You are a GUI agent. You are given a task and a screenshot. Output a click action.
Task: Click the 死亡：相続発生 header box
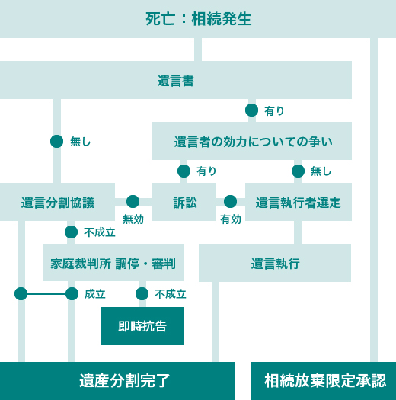(x=198, y=19)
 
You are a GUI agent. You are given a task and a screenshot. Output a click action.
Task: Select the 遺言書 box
(x=176, y=80)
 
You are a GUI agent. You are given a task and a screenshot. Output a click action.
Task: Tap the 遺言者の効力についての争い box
(x=251, y=141)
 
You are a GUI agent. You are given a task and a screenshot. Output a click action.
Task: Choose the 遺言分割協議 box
(x=57, y=202)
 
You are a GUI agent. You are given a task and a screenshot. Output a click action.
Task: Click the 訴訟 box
(x=184, y=202)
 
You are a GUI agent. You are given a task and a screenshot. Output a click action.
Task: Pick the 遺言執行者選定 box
(x=299, y=202)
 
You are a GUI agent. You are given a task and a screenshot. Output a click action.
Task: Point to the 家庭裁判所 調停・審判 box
(x=113, y=263)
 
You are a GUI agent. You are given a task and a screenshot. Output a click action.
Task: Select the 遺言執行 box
(x=275, y=263)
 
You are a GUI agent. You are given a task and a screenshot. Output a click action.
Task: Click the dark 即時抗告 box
(x=142, y=326)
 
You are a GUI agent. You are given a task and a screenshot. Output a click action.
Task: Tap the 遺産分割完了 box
(x=117, y=381)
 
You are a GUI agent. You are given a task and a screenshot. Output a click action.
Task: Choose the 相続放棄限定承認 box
(x=324, y=381)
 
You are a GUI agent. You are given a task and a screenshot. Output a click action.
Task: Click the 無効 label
(x=133, y=219)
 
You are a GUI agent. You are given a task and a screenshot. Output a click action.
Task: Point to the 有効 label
(x=231, y=219)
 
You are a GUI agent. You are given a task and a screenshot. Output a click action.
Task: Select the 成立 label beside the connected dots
(x=95, y=294)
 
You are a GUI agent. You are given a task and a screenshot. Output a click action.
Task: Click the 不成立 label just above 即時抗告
(x=171, y=294)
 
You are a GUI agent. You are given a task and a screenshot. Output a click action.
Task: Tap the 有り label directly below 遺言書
(x=274, y=111)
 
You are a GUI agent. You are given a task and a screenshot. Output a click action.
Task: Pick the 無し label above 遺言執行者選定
(x=321, y=171)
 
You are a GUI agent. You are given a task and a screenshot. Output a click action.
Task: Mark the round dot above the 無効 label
(x=133, y=202)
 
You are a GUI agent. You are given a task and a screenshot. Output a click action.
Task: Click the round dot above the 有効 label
(x=230, y=202)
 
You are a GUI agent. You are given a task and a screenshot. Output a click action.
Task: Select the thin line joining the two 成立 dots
(x=46, y=294)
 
